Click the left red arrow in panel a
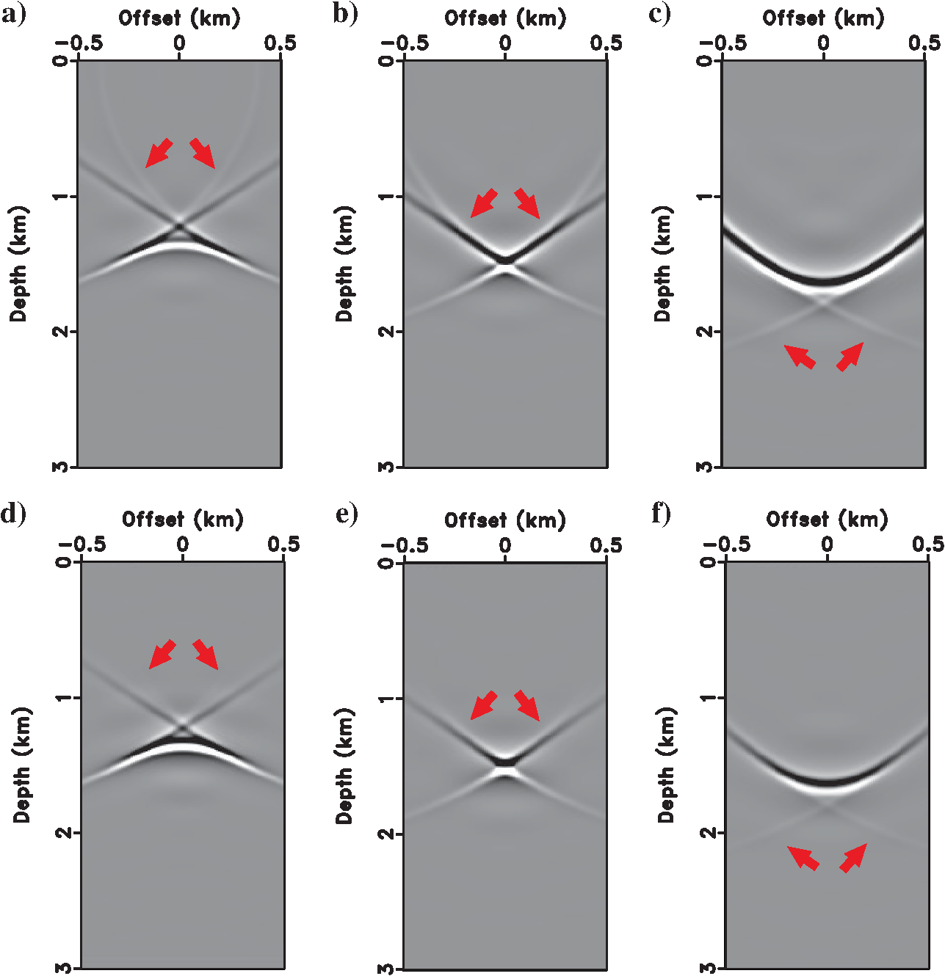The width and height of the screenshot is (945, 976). pos(159,153)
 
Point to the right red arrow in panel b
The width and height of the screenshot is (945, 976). pos(527,203)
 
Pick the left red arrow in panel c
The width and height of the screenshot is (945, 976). pos(800,357)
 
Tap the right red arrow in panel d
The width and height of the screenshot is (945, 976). pos(206,654)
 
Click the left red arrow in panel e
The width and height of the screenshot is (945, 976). pos(484,704)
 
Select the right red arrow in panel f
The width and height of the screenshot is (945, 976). pos(853,858)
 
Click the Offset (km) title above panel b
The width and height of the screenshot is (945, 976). pos(505,18)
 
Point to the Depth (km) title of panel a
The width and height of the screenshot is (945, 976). pos(18,263)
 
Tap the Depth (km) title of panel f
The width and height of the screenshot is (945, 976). pos(666,765)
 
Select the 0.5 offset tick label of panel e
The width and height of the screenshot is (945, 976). pos(606,545)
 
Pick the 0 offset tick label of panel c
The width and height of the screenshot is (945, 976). pos(824,43)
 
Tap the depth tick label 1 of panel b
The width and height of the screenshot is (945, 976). pos(387,197)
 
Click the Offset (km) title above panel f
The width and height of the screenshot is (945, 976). pos(827,520)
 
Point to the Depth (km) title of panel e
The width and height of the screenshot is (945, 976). pos(344,765)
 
